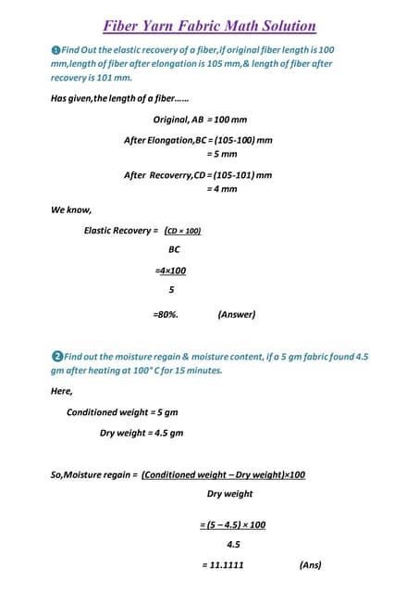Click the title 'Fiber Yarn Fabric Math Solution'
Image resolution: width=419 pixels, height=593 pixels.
coord(209,27)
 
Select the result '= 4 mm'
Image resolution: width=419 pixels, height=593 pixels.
coord(222,189)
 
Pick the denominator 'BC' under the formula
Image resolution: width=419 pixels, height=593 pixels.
coord(174,250)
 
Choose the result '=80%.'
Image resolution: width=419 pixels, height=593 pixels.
coord(166,314)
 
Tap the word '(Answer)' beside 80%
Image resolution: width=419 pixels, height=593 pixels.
coord(236,314)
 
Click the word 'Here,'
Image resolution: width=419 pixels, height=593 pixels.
coord(62,391)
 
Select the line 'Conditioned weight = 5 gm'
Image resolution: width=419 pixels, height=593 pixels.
coord(122,412)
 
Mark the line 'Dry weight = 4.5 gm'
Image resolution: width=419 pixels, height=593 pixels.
coord(142,433)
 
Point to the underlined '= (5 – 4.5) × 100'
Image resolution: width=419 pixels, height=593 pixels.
coord(233,524)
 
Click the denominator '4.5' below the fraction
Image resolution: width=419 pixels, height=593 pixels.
coord(233,545)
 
